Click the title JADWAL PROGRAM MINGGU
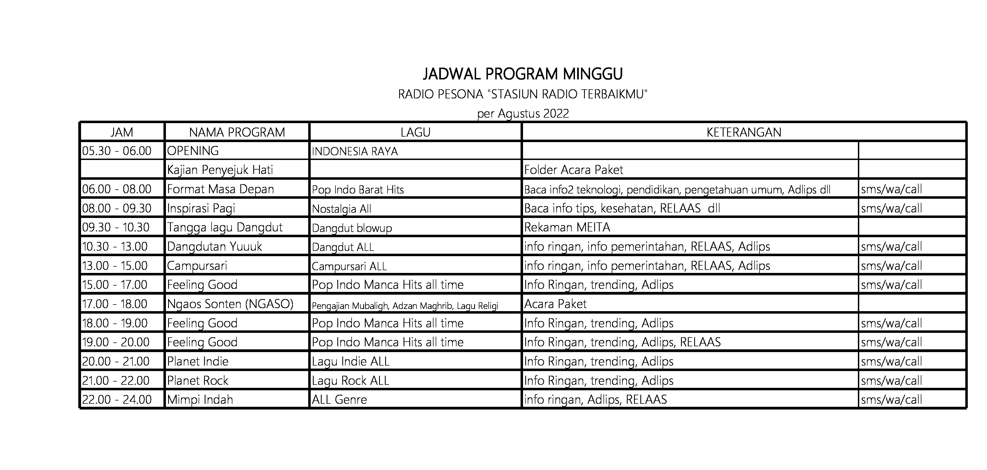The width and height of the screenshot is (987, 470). (x=523, y=74)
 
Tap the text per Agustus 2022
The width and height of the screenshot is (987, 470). (x=523, y=114)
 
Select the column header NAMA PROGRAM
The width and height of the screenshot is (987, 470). (x=237, y=132)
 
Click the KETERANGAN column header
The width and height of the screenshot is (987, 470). (x=743, y=132)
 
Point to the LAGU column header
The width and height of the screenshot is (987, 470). (x=415, y=132)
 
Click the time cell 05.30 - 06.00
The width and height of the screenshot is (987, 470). (x=117, y=151)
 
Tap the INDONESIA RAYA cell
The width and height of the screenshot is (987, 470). (x=355, y=151)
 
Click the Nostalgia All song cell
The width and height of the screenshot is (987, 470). (x=341, y=209)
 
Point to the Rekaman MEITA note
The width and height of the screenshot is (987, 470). (x=567, y=227)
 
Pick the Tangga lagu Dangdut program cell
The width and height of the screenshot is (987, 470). (x=224, y=227)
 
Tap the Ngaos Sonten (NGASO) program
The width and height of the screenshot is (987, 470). (x=230, y=304)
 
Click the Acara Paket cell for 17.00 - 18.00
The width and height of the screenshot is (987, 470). (x=555, y=304)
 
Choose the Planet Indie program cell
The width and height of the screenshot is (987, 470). (x=198, y=361)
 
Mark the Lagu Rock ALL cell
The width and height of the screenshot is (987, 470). (x=350, y=381)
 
